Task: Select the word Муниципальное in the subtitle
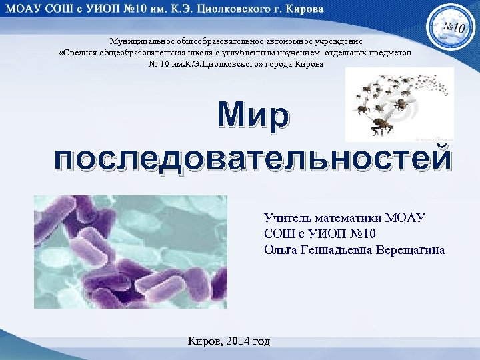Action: pyautogui.click(x=138, y=41)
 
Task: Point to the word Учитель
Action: pyautogui.click(x=285, y=217)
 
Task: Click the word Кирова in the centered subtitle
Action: pyautogui.click(x=309, y=63)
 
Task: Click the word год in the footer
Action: pyautogui.click(x=262, y=341)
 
